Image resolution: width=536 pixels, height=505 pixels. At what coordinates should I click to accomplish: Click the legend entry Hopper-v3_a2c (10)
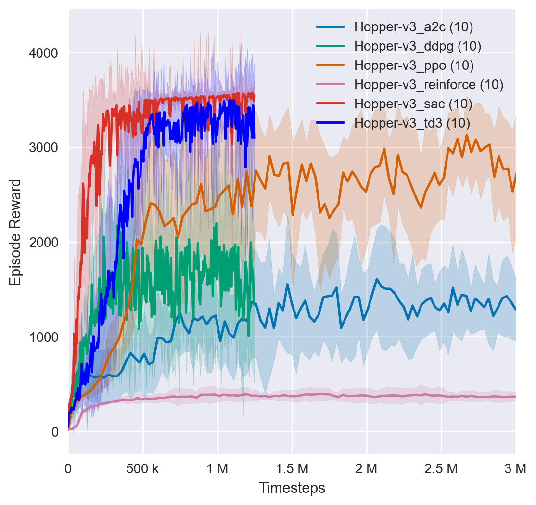413,27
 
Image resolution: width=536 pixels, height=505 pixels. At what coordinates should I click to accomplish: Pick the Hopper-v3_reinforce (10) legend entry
428,85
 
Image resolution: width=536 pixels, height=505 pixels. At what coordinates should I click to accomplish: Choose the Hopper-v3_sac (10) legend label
413,104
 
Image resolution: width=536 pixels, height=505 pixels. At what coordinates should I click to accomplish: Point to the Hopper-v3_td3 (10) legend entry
412,123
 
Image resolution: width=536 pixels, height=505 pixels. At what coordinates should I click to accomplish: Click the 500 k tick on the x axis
143,467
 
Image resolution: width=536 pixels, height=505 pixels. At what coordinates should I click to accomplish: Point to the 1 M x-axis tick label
217,467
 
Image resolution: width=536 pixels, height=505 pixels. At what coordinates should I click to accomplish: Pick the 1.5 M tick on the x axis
292,467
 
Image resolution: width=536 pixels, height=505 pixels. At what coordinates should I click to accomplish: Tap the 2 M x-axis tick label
367,467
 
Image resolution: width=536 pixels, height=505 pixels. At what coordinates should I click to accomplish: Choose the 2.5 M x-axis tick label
441,467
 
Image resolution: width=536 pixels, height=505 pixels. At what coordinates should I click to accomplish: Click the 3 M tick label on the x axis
515,467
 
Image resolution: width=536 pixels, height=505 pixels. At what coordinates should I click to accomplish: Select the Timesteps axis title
292,488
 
